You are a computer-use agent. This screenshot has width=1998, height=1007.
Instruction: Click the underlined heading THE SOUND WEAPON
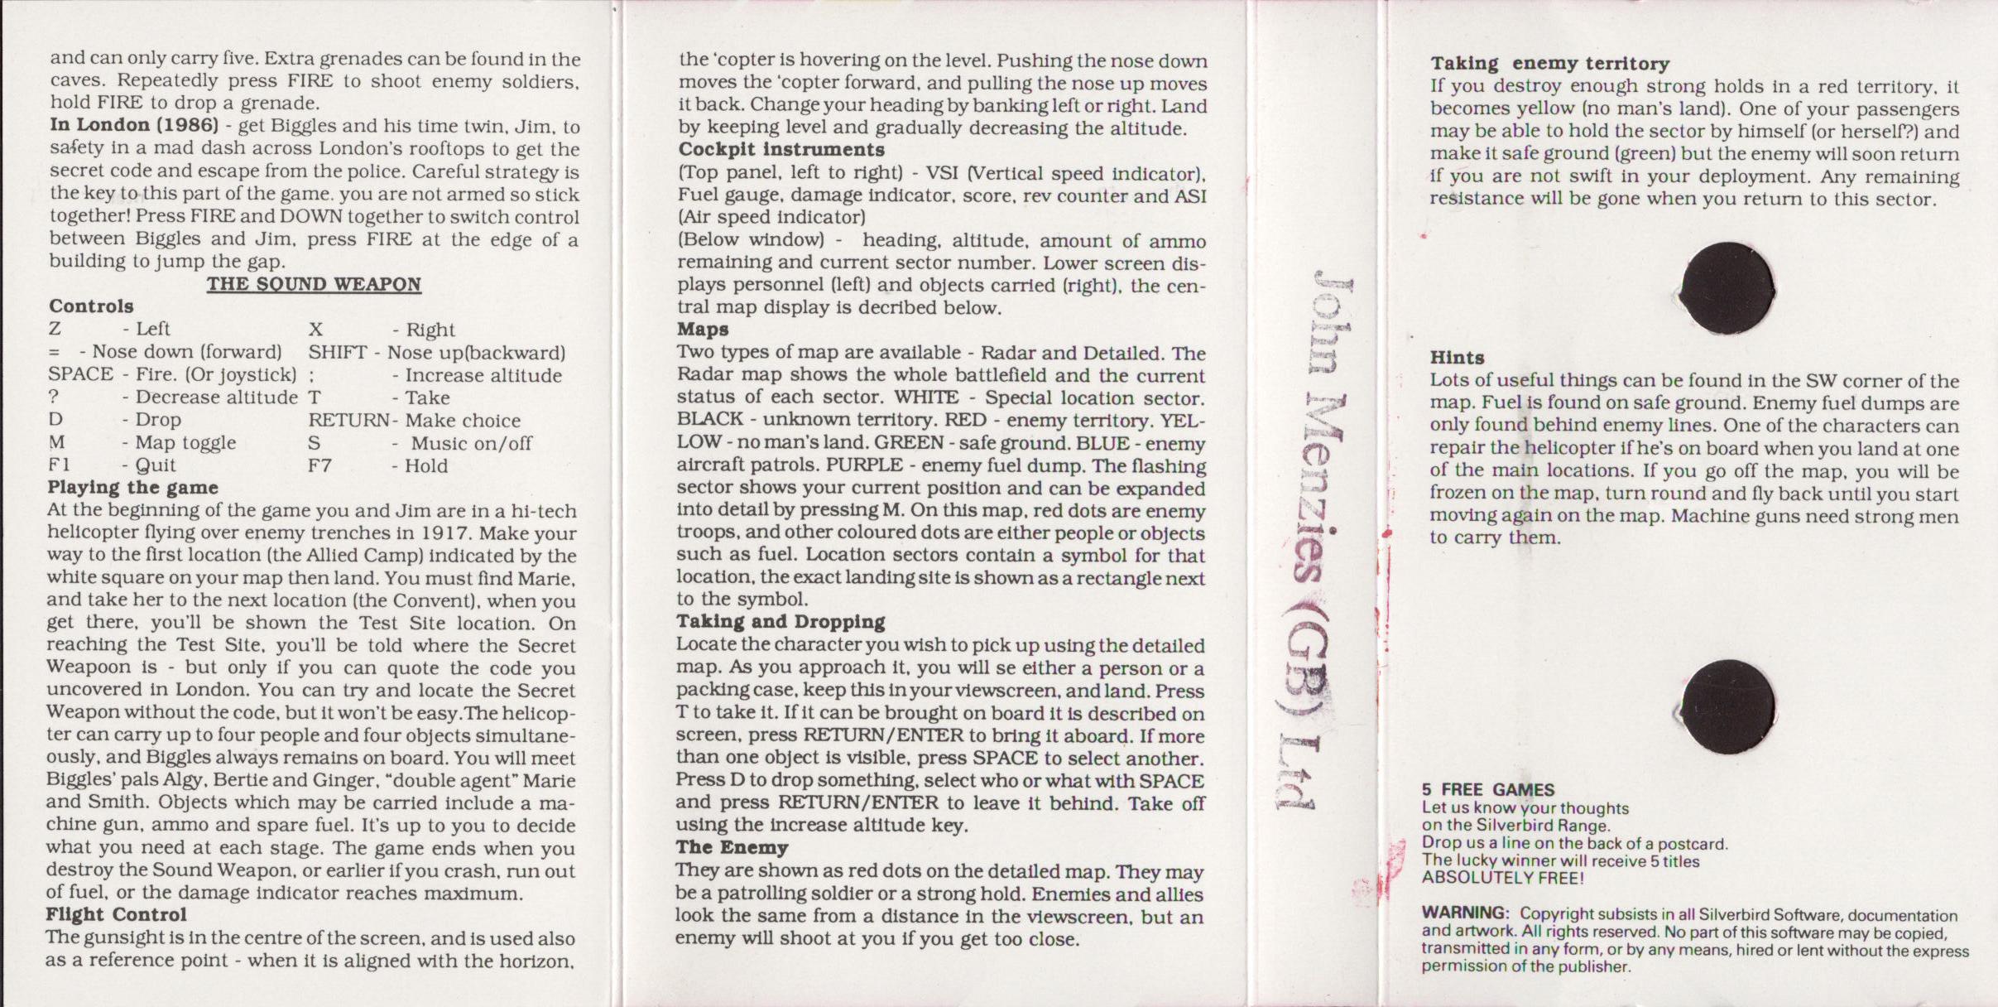point(314,284)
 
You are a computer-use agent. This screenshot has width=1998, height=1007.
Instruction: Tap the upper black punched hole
point(1727,288)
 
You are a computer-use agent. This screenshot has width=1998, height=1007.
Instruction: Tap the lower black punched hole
point(1727,706)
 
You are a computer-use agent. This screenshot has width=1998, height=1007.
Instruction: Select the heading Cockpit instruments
point(780,150)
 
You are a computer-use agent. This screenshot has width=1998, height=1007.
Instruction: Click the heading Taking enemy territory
point(1549,64)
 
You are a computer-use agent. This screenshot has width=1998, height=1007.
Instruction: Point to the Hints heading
point(1457,358)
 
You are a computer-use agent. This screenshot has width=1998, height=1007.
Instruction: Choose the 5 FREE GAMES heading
point(1487,789)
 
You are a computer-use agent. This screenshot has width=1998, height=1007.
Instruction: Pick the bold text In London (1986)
point(134,125)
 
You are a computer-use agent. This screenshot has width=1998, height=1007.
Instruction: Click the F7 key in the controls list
point(320,465)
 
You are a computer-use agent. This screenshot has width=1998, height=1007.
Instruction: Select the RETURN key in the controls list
point(348,421)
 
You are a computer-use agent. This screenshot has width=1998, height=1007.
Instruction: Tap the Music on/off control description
point(471,443)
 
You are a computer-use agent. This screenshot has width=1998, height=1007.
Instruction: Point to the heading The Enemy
point(731,847)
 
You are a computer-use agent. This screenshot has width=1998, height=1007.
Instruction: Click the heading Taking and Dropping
point(780,622)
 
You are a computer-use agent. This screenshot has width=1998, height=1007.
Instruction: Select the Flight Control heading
point(116,915)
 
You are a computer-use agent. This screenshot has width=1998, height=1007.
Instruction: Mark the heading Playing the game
point(132,488)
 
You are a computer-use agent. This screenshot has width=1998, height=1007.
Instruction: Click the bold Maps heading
point(703,330)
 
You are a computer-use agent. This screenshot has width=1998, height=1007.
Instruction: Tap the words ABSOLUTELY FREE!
point(1502,879)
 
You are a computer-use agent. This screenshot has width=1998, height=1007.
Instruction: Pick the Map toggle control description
point(185,443)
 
